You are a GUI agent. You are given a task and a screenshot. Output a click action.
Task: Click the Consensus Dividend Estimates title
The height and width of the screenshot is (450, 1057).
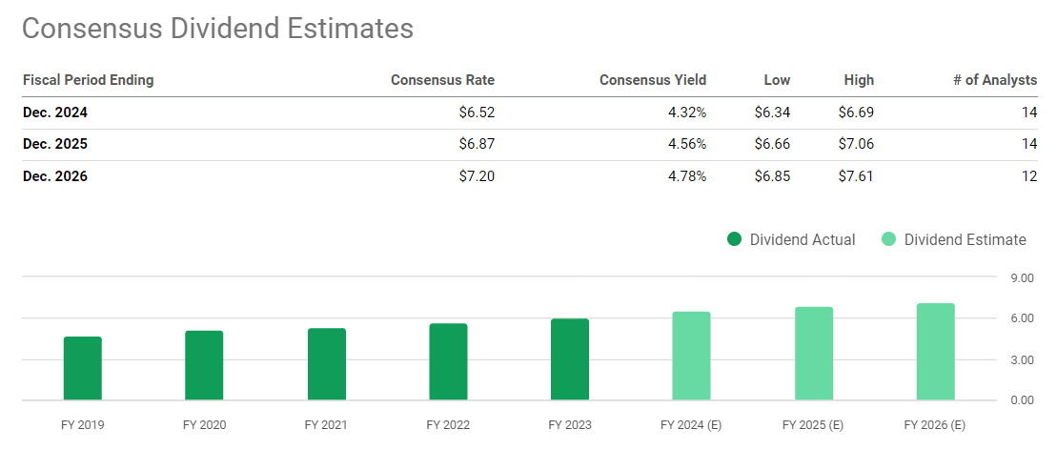coord(217,29)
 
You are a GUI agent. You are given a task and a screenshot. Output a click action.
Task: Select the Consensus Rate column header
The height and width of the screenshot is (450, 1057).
coord(442,80)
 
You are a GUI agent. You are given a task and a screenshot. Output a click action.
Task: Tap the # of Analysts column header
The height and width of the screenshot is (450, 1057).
coord(994,80)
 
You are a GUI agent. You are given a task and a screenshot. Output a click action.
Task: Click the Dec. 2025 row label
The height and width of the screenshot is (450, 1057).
coord(55,144)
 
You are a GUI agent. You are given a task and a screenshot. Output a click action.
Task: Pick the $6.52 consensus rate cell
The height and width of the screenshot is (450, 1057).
coord(476,112)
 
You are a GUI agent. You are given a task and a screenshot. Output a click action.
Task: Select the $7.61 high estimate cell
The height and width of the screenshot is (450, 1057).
coord(855,175)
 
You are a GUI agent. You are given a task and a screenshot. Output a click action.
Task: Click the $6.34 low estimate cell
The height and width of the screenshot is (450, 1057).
coord(771,112)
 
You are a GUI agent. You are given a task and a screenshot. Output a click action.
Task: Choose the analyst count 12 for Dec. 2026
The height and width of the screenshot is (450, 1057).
coord(1028,175)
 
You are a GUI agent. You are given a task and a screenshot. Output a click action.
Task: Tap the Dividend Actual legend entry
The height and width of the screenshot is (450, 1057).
coord(790,239)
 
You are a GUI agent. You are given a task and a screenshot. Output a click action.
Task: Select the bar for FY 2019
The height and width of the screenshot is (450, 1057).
coord(83,368)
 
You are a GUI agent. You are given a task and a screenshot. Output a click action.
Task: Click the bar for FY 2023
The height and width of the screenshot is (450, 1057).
coord(570,359)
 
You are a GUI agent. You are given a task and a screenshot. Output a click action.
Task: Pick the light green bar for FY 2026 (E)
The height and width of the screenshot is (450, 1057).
coord(935,352)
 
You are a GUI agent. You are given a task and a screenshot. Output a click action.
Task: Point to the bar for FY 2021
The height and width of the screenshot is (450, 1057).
coord(327,364)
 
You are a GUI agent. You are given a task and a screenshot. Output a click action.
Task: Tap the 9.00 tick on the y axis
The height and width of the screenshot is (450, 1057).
coord(1021,278)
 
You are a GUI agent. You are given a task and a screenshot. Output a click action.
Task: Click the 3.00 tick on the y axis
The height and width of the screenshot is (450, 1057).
coord(1021,359)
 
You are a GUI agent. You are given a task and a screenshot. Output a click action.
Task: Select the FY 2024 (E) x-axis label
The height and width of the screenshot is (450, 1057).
coord(691,424)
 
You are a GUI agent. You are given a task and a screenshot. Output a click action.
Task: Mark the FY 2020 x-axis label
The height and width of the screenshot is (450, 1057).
coord(204,424)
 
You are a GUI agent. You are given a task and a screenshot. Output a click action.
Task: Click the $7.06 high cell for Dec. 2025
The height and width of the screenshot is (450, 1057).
coord(855,144)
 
